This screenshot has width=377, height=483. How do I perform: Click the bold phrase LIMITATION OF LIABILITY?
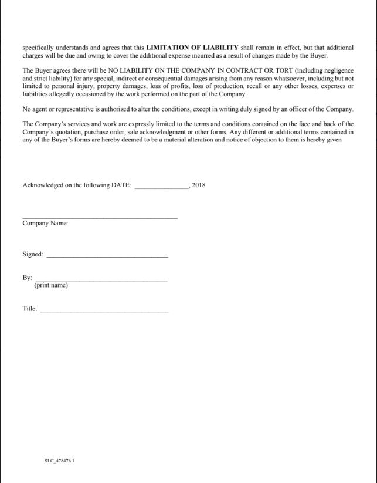[x=192, y=47]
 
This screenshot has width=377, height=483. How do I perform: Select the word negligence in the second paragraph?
[x=336, y=70]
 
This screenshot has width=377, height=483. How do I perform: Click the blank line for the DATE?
[x=162, y=187]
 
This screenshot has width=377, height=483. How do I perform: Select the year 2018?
[x=199, y=185]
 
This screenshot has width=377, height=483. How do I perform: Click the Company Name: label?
[x=45, y=224]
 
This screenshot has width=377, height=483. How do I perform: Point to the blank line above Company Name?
[x=100, y=218]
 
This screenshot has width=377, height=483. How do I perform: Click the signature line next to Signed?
[x=107, y=257]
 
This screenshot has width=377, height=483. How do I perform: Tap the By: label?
[x=27, y=278]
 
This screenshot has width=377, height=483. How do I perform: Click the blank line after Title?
[x=104, y=310]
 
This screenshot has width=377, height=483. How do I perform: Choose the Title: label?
[x=30, y=308]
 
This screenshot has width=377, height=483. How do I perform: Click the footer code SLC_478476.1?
[x=59, y=461]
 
